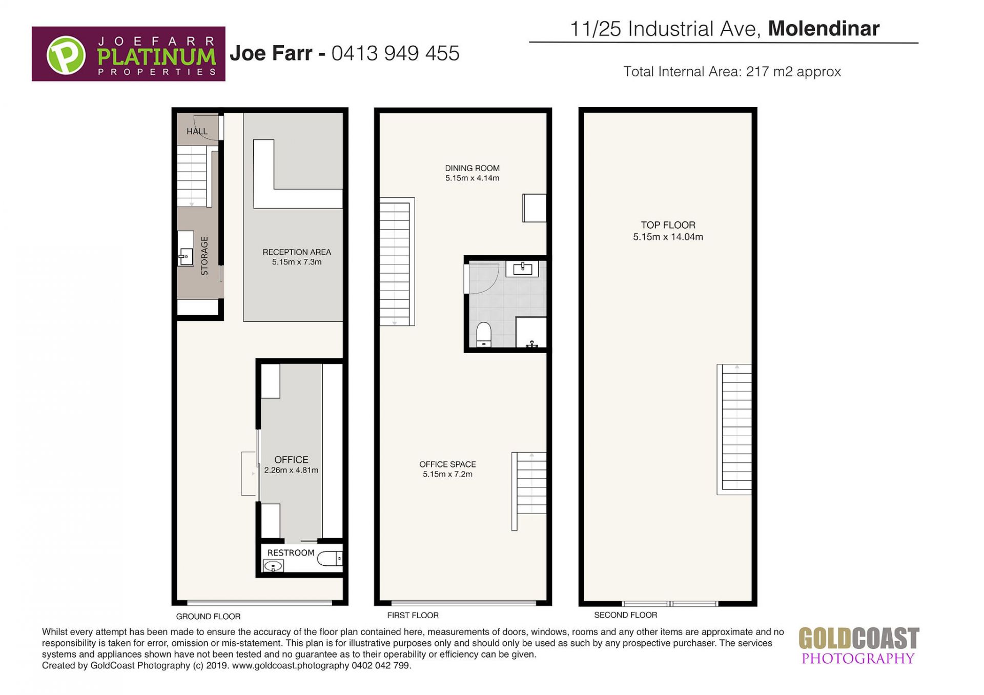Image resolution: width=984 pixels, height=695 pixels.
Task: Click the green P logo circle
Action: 66,54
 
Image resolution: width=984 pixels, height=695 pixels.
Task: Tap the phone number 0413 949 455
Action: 395,53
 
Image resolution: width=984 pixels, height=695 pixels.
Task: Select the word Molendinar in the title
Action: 824,29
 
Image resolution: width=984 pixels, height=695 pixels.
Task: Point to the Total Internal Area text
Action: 732,71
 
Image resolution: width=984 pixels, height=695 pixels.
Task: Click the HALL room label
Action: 197,131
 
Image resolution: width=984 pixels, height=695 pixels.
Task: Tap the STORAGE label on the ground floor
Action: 204,256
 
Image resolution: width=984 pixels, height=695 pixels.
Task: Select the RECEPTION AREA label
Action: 297,257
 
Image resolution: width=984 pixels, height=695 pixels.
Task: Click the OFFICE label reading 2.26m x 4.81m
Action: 291,464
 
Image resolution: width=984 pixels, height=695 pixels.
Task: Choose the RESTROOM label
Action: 291,553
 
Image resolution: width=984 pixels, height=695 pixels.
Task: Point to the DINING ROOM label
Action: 472,173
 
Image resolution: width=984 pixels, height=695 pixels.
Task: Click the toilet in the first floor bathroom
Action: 484,334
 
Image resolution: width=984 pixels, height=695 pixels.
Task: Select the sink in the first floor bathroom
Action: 522,268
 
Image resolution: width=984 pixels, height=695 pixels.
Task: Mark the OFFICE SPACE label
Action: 447,469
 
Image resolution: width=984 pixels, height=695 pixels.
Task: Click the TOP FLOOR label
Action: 668,231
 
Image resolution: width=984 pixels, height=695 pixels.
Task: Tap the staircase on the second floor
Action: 734,430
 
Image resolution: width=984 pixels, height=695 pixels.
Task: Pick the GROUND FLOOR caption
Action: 208,616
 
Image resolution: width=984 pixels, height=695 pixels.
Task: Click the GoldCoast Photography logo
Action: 858,646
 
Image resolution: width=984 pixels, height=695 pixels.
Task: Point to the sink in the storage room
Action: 186,255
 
